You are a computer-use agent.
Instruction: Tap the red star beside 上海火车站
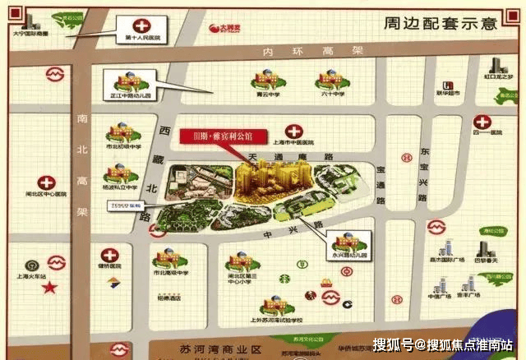[x=50, y=288]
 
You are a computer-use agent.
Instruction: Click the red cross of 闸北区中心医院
[x=48, y=182]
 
